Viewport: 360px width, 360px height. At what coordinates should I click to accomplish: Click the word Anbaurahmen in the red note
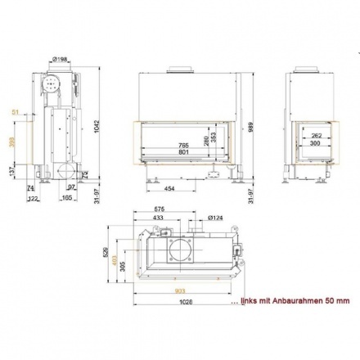pos(295,303)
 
